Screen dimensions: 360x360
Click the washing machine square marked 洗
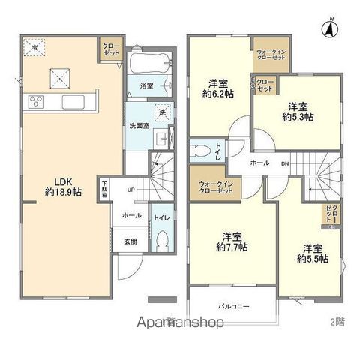point(160,113)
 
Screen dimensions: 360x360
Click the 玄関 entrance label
point(130,241)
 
